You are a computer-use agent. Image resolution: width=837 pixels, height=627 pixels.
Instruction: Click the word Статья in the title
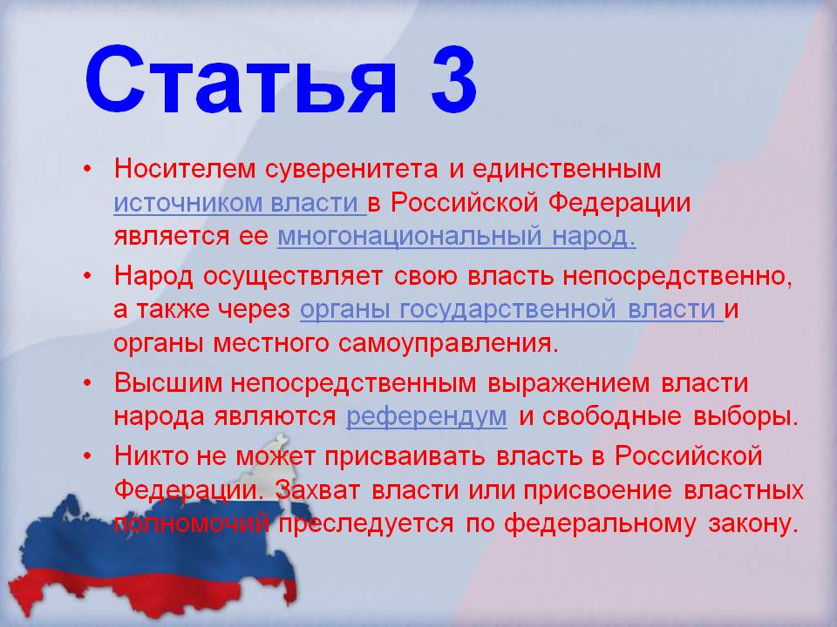pos(242,80)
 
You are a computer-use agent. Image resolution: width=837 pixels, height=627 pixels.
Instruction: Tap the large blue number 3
pos(453,80)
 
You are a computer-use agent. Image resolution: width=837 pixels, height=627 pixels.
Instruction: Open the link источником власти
pos(241,203)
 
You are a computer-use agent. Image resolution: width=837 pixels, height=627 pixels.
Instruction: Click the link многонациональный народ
pos(457,237)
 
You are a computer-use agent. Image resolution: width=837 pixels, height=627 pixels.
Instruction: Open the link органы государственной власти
pos(512,310)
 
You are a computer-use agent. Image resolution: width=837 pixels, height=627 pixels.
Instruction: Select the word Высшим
pos(167,383)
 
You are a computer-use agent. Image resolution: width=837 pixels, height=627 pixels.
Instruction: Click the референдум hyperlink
pos(426,417)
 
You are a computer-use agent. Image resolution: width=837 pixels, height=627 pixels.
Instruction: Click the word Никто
pos(151,455)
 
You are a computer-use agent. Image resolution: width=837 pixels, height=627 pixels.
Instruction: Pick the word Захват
pos(318,490)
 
